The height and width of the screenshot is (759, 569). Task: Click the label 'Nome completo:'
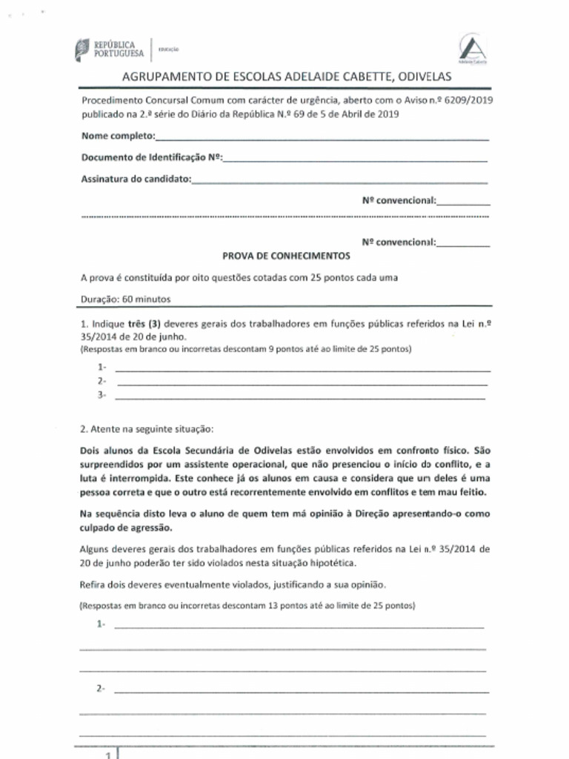pos(118,136)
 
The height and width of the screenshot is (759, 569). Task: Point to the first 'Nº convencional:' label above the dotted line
pos(399,200)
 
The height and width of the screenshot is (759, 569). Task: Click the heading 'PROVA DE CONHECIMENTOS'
pos(286,256)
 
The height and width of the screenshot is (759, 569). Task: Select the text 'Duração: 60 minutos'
pos(126,299)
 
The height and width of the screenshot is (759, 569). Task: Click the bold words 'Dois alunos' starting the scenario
pos(104,450)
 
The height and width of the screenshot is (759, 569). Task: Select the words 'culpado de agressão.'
pos(125,528)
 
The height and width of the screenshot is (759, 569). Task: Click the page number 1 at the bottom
pos(108,755)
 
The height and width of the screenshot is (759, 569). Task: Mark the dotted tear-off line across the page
pos(284,217)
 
